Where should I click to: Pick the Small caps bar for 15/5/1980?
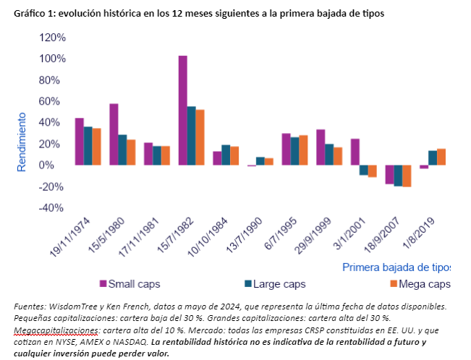click(114, 134)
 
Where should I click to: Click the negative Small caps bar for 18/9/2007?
click(389, 174)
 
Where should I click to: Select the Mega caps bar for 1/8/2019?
click(441, 157)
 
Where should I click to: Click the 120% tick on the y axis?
click(51, 38)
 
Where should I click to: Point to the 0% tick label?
click(57, 166)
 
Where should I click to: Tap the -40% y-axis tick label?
click(53, 208)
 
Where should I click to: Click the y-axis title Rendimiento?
click(22, 142)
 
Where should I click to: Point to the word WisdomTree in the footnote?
click(81, 306)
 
